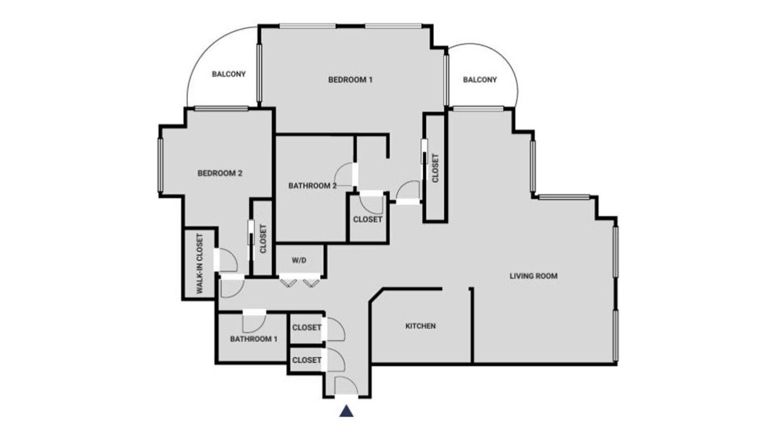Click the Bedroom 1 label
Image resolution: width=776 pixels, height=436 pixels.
[350, 80]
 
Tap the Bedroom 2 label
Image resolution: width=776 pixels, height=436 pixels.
[219, 173]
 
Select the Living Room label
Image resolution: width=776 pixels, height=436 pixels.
[533, 276]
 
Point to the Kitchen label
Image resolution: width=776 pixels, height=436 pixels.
[421, 326]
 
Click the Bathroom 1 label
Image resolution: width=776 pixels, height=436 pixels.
[253, 339]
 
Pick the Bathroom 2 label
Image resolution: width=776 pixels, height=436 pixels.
[312, 186]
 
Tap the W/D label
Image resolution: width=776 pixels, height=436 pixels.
[299, 260]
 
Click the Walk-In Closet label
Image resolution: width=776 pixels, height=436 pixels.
[200, 264]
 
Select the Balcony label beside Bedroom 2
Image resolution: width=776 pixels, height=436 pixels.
[229, 74]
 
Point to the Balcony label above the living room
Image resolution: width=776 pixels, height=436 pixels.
[480, 80]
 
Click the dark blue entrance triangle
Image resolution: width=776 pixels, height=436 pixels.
[346, 411]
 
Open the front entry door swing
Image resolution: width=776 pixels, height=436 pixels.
[346, 385]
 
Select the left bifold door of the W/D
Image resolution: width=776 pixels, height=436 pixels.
[288, 283]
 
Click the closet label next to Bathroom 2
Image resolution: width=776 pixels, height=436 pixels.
[367, 219]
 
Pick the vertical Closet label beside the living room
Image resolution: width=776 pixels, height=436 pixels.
[435, 168]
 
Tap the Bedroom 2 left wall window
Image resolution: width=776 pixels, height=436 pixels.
[161, 165]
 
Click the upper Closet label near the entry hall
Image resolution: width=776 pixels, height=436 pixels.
[307, 328]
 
